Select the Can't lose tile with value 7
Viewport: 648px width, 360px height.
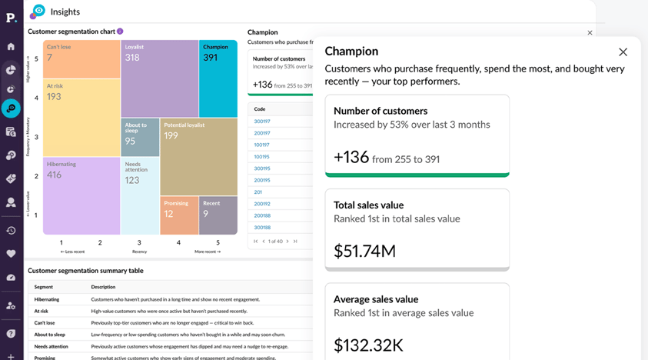tap(81, 58)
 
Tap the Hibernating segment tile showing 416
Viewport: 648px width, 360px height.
tap(81, 195)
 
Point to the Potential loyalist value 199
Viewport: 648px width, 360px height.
tap(171, 136)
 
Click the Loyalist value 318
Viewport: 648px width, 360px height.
tap(132, 58)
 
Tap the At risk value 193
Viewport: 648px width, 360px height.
tap(54, 97)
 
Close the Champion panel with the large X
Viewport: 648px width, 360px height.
tap(623, 52)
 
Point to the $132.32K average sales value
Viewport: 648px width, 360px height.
tap(368, 345)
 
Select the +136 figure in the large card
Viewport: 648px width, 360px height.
tap(351, 158)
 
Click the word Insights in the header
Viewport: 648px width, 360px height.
tap(65, 12)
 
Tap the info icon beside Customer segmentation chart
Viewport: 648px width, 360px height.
tap(120, 32)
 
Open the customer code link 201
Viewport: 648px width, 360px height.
tap(258, 192)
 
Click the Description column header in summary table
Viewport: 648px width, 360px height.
tap(103, 287)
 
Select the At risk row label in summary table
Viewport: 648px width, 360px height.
tap(42, 312)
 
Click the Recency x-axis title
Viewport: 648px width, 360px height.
tap(139, 252)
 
